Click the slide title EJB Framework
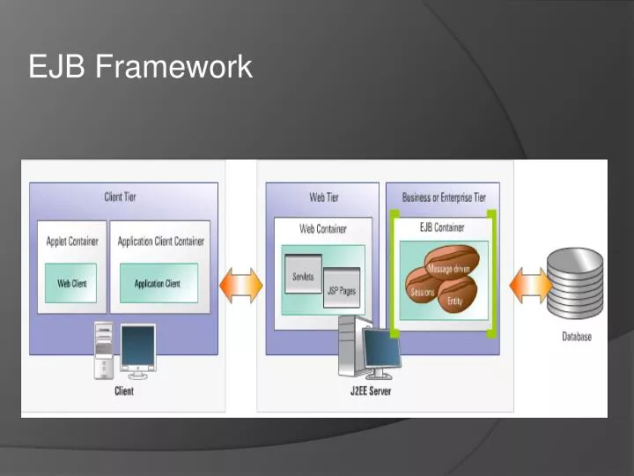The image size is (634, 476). coord(140,66)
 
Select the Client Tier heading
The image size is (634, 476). coord(121,197)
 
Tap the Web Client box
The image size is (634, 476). coord(70,283)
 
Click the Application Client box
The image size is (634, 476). coord(158,283)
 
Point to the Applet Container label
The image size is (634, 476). coord(72,241)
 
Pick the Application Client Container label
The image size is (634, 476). coord(160,241)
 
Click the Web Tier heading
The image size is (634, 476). coord(323,197)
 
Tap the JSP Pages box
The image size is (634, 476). coord(342,288)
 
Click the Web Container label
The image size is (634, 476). coord(323,228)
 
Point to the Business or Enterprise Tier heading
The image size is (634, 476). coord(444,197)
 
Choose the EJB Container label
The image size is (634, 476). coord(442,227)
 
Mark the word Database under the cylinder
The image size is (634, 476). coord(577,337)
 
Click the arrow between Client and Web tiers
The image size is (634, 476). coord(241,286)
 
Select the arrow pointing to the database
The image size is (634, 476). coord(529,285)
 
